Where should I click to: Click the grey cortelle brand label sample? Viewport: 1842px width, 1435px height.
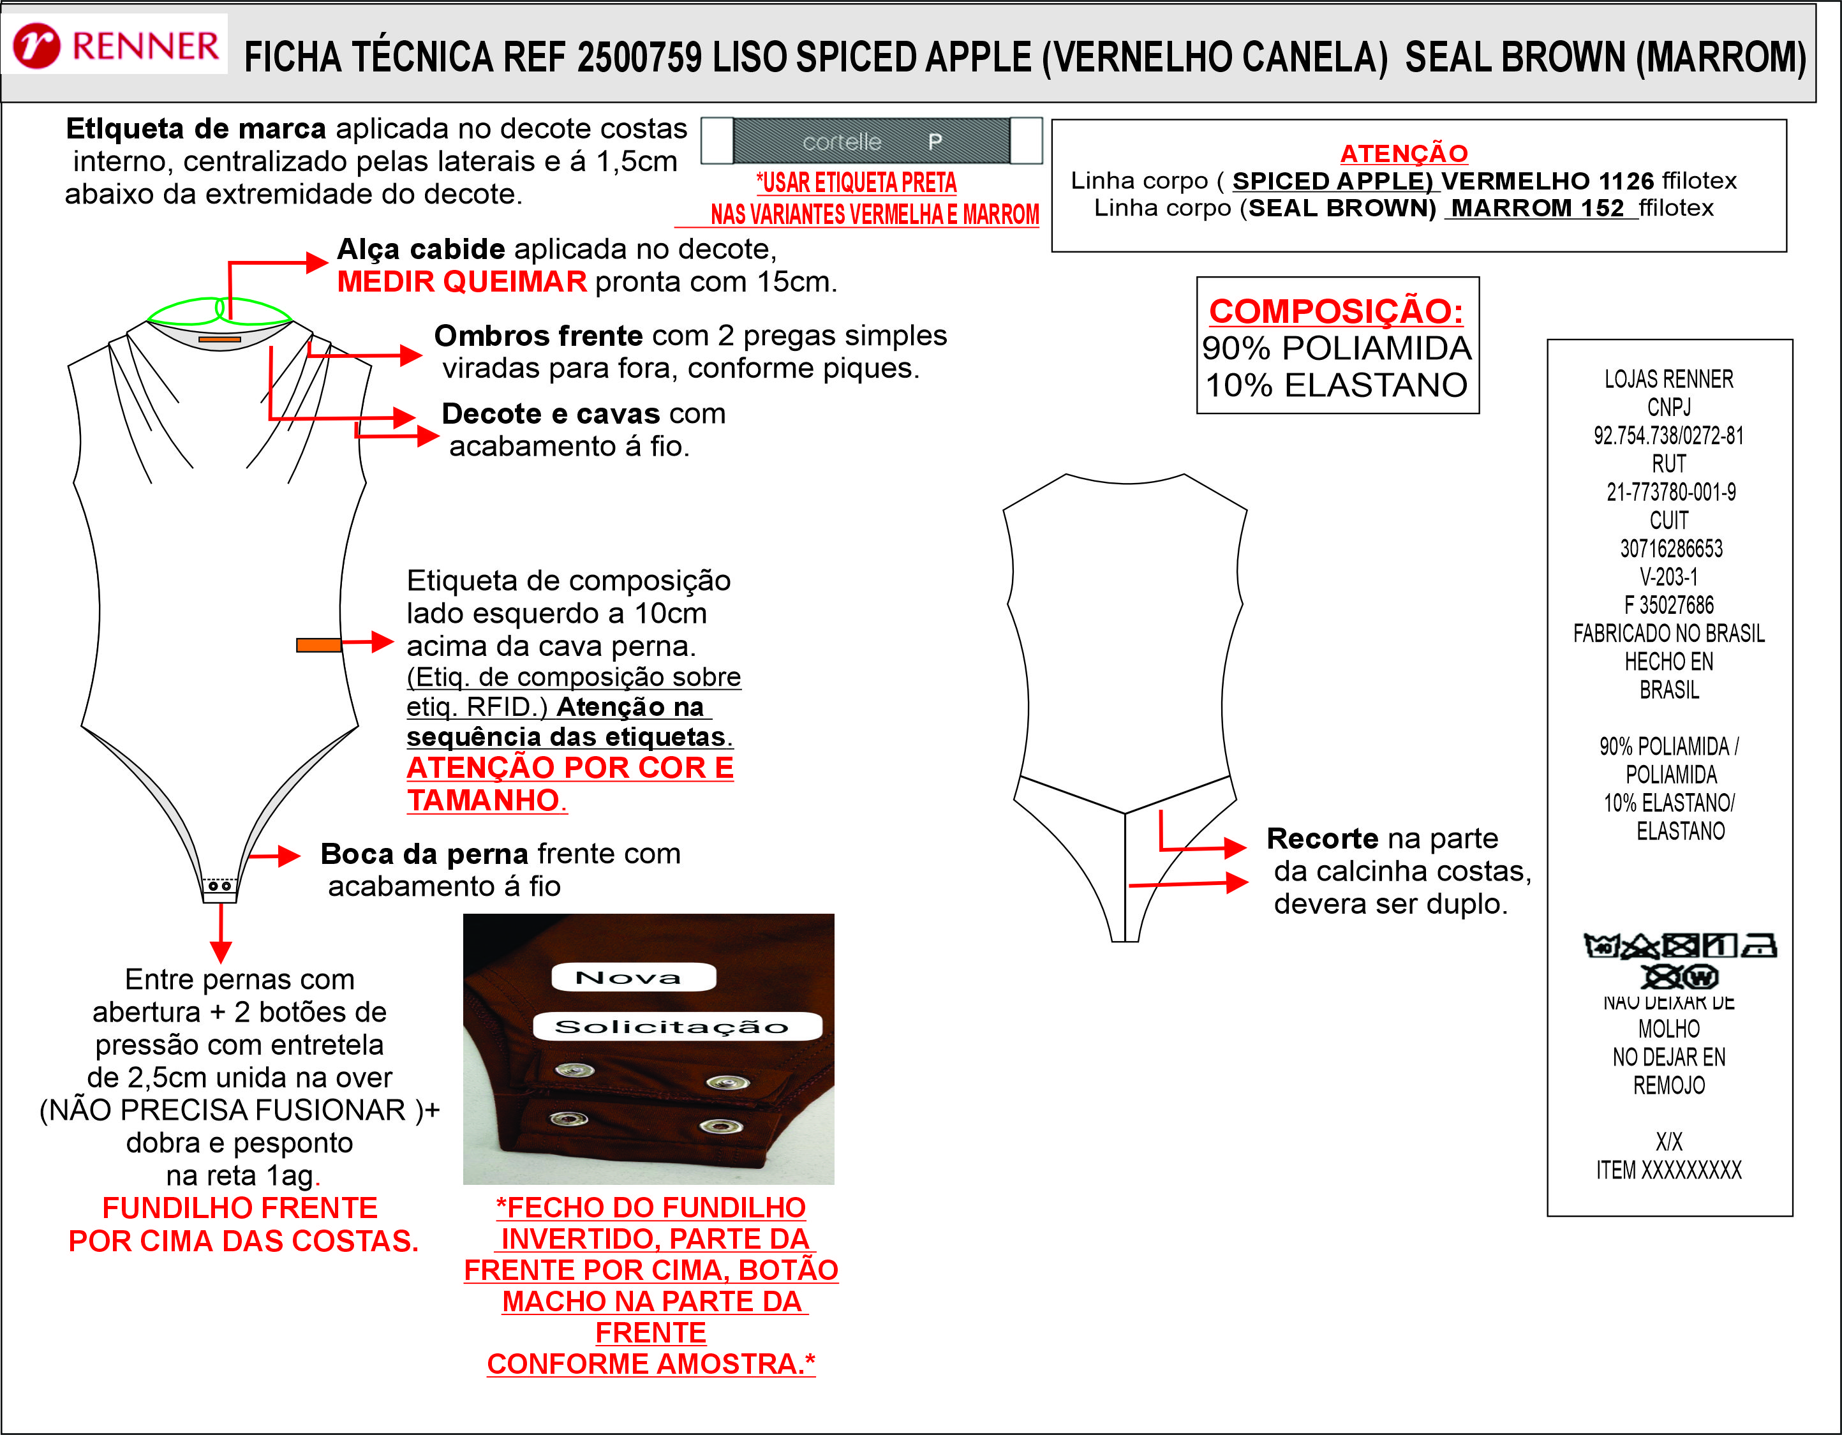872,141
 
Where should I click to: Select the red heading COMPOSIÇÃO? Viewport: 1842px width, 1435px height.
1336,311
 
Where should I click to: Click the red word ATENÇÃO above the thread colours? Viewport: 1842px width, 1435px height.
1404,154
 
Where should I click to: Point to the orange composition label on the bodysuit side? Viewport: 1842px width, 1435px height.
319,644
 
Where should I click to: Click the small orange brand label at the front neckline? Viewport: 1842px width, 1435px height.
219,339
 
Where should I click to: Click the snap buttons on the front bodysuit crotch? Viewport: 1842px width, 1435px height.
220,886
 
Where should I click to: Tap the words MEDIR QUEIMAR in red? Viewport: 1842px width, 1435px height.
461,281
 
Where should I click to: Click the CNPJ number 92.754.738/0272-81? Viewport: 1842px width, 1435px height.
1668,435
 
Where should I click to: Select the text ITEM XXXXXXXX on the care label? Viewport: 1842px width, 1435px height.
1668,1170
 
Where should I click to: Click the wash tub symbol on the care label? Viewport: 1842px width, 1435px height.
1600,946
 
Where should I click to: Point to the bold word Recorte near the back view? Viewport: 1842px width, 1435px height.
1321,838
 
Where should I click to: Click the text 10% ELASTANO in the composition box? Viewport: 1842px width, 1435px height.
1336,385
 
